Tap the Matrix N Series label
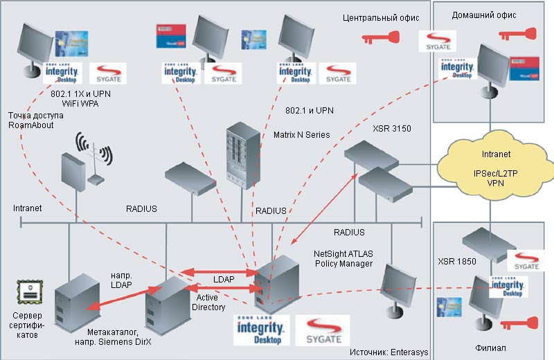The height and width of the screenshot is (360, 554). (x=302, y=134)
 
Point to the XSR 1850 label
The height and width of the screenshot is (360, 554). (x=457, y=263)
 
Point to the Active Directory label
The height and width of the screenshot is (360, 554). (x=207, y=302)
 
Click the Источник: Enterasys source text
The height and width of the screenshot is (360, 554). (x=389, y=352)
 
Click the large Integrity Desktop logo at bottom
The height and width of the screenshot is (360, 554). (x=260, y=331)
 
